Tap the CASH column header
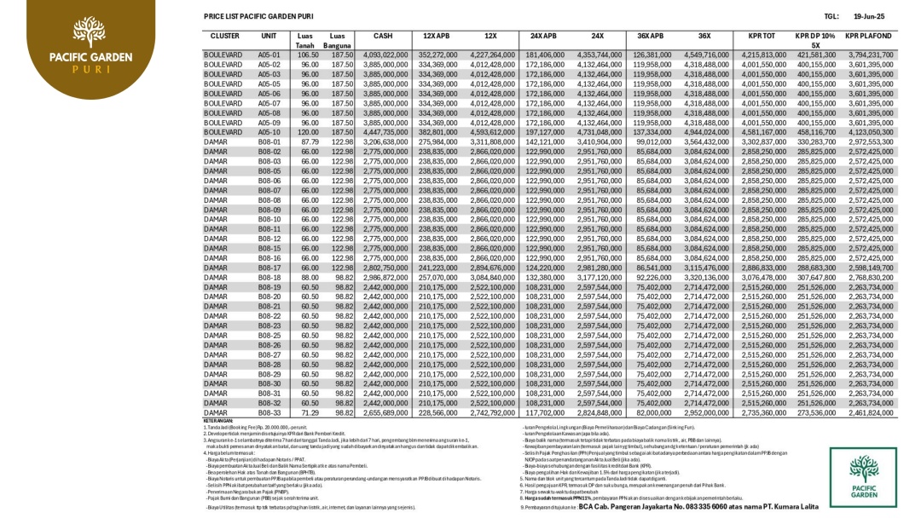tap(383, 36)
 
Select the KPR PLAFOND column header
tap(868, 36)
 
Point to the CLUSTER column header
tap(224, 36)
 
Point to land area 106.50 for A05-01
tap(308, 55)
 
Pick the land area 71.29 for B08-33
tap(310, 412)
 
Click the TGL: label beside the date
tap(832, 16)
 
